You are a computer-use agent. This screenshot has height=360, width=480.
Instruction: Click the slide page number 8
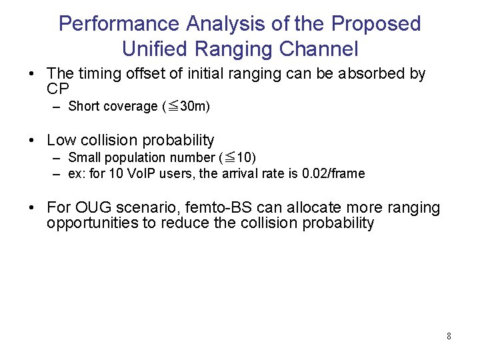tap(449, 337)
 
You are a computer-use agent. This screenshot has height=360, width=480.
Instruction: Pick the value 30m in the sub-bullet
tap(195, 107)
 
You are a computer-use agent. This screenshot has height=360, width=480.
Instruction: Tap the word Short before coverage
tap(84, 107)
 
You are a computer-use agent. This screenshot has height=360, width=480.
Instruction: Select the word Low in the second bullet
tap(61, 140)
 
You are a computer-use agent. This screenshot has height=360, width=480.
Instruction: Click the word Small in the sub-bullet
tap(85, 158)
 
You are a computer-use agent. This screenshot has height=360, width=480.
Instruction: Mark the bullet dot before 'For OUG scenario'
tap(32, 207)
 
